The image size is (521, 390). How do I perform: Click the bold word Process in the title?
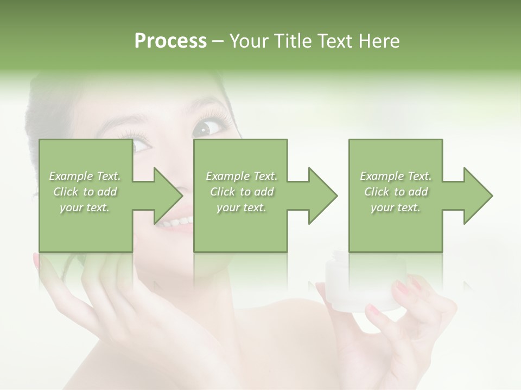[170, 41]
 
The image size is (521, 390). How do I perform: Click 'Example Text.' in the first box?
[85, 176]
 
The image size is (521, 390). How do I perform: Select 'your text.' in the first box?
[85, 207]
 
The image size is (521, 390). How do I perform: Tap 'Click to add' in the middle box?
[242, 192]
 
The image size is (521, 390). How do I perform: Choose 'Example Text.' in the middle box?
[242, 176]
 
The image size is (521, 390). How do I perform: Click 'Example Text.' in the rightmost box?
[396, 176]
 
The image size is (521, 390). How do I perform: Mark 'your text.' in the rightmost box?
[396, 207]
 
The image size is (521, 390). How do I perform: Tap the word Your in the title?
[247, 41]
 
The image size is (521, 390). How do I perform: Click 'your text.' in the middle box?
[242, 207]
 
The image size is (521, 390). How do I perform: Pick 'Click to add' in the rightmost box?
[396, 192]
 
